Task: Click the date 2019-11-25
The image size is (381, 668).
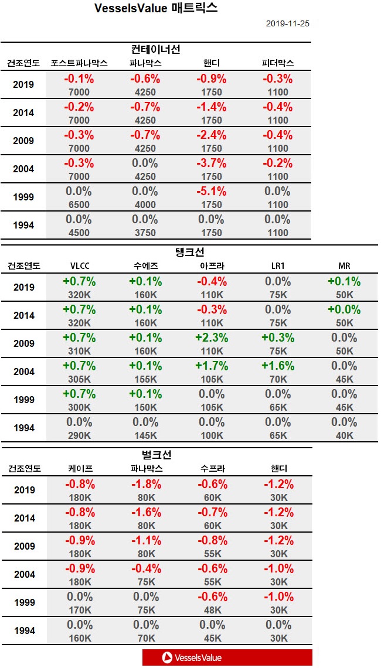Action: [x=287, y=24]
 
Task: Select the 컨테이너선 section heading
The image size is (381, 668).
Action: [x=155, y=49]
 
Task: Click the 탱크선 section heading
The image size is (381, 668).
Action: [x=189, y=252]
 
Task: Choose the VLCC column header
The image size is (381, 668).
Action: [x=79, y=266]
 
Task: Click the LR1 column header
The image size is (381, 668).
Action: [x=278, y=266]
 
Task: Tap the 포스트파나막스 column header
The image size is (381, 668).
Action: [x=79, y=63]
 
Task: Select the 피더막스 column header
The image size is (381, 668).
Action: [x=278, y=63]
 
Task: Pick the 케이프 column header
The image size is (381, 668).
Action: [x=79, y=469]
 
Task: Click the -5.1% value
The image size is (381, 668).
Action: [x=212, y=192]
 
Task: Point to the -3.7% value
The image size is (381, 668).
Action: [x=212, y=163]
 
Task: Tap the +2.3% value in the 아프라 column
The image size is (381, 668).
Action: [x=212, y=338]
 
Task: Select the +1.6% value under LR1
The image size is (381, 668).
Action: [x=278, y=366]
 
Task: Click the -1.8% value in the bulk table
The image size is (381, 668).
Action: [x=145, y=485]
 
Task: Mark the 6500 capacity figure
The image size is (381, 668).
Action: [x=79, y=205]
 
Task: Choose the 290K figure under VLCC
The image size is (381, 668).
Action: [x=79, y=435]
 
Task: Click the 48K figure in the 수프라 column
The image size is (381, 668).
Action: [x=212, y=610]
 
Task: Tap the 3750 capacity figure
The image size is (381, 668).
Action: [x=145, y=233]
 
